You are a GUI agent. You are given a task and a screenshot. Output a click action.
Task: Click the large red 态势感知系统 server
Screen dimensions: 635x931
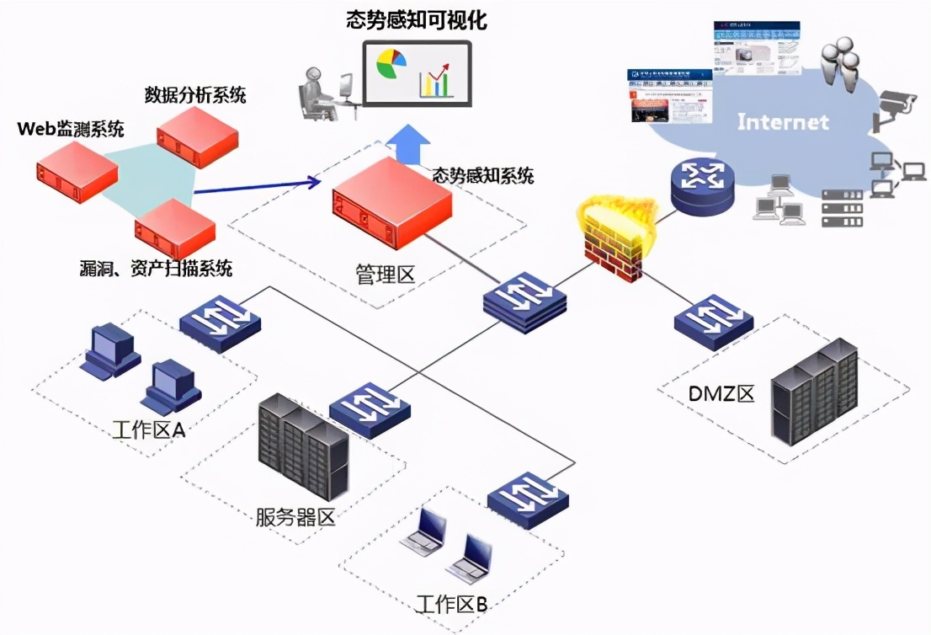391,199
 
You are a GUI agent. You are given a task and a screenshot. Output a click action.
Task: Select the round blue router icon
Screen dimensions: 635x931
702,185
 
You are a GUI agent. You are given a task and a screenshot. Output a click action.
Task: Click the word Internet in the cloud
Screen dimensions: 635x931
783,122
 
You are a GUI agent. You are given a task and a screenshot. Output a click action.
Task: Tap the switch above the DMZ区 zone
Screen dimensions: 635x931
713,322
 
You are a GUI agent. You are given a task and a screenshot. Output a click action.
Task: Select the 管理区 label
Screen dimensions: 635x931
386,275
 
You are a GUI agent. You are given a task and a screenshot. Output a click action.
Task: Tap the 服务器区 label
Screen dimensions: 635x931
295,516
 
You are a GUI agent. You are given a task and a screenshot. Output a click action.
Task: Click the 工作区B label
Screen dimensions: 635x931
452,604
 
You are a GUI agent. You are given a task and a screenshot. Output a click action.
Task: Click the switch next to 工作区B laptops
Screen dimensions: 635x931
528,499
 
